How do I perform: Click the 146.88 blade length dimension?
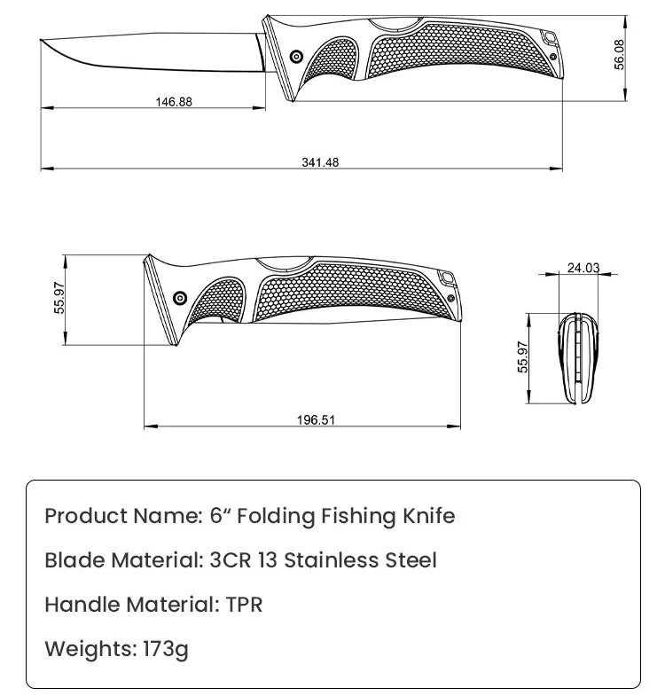(174, 102)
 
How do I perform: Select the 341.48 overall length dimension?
(320, 162)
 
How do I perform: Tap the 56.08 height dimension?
(620, 55)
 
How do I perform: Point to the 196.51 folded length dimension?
(316, 420)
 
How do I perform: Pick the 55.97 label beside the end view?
(523, 357)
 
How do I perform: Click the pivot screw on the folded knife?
(181, 298)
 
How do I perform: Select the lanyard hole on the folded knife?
(447, 278)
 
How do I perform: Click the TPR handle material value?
(244, 605)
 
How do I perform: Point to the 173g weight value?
(166, 649)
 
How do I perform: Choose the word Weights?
(91, 649)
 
